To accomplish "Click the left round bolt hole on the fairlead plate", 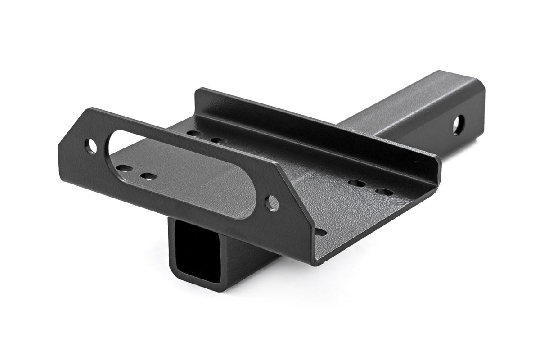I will point(91,146).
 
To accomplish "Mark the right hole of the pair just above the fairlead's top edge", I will point(218,141).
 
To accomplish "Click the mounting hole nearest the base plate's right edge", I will point(384,192).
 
